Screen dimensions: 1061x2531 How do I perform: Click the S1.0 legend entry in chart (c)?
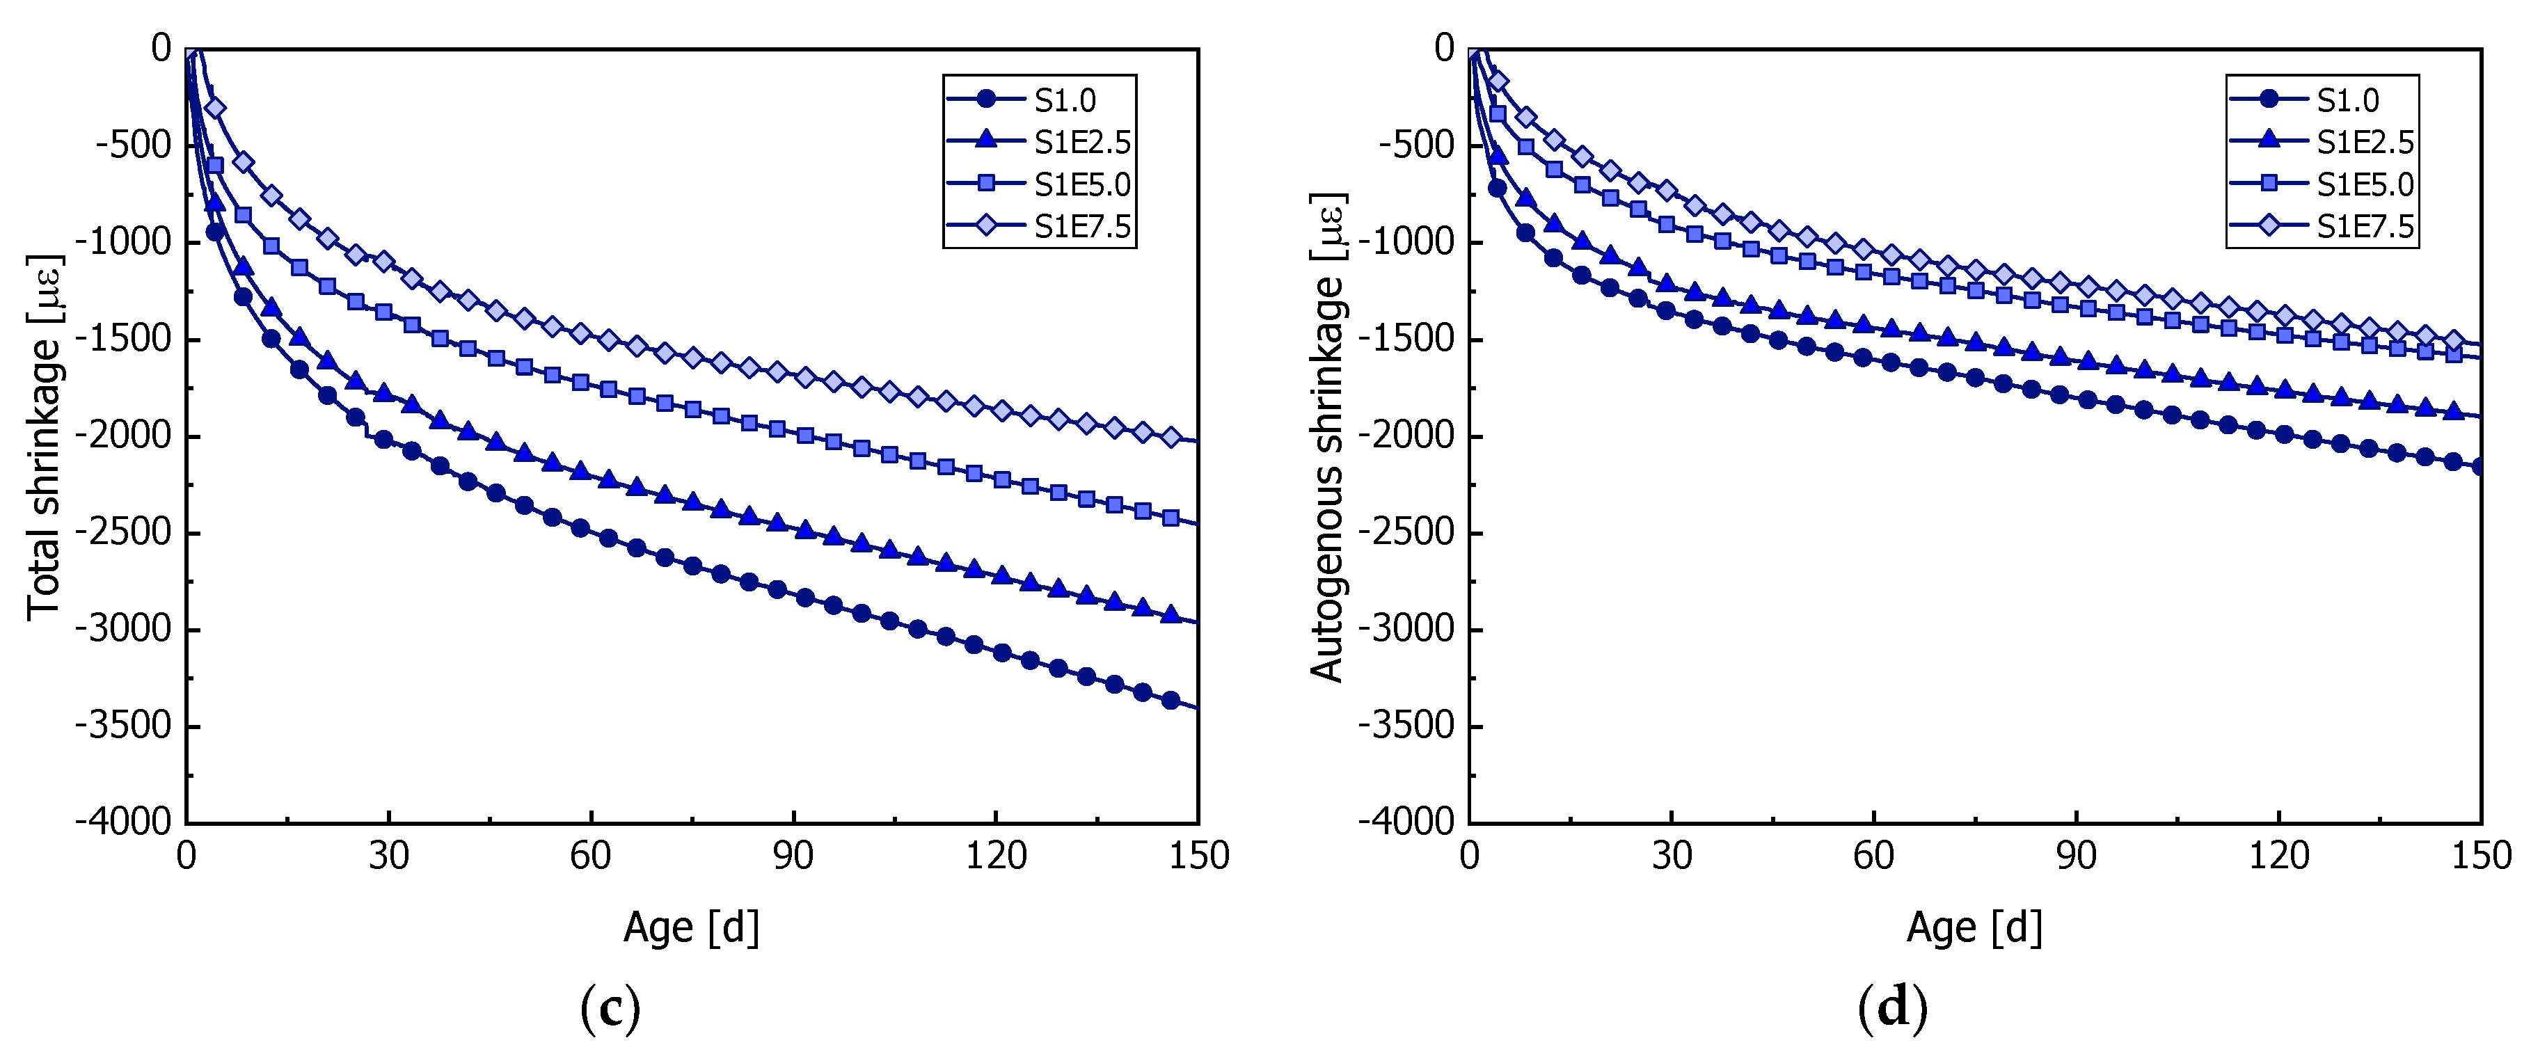pyautogui.click(x=1065, y=100)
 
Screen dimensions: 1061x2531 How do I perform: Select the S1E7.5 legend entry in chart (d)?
pyautogui.click(x=2365, y=227)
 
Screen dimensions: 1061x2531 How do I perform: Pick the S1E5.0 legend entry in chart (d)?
pyautogui.click(x=2365, y=184)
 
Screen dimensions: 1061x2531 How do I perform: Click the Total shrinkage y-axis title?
pyautogui.click(x=45, y=437)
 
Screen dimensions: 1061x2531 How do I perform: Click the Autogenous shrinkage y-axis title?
pyautogui.click(x=1328, y=437)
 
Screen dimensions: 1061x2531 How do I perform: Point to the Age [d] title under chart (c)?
pyautogui.click(x=691, y=927)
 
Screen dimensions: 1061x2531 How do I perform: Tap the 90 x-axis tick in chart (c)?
pyautogui.click(x=793, y=856)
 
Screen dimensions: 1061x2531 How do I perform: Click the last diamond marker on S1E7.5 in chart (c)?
pyautogui.click(x=1171, y=437)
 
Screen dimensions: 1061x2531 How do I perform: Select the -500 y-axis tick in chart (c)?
pyautogui.click(x=133, y=145)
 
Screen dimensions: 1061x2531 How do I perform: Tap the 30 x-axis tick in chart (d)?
pyautogui.click(x=1672, y=856)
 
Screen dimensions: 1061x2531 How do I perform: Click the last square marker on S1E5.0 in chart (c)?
pyautogui.click(x=1171, y=518)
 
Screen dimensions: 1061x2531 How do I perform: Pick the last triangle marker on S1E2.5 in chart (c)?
pyautogui.click(x=1171, y=614)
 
